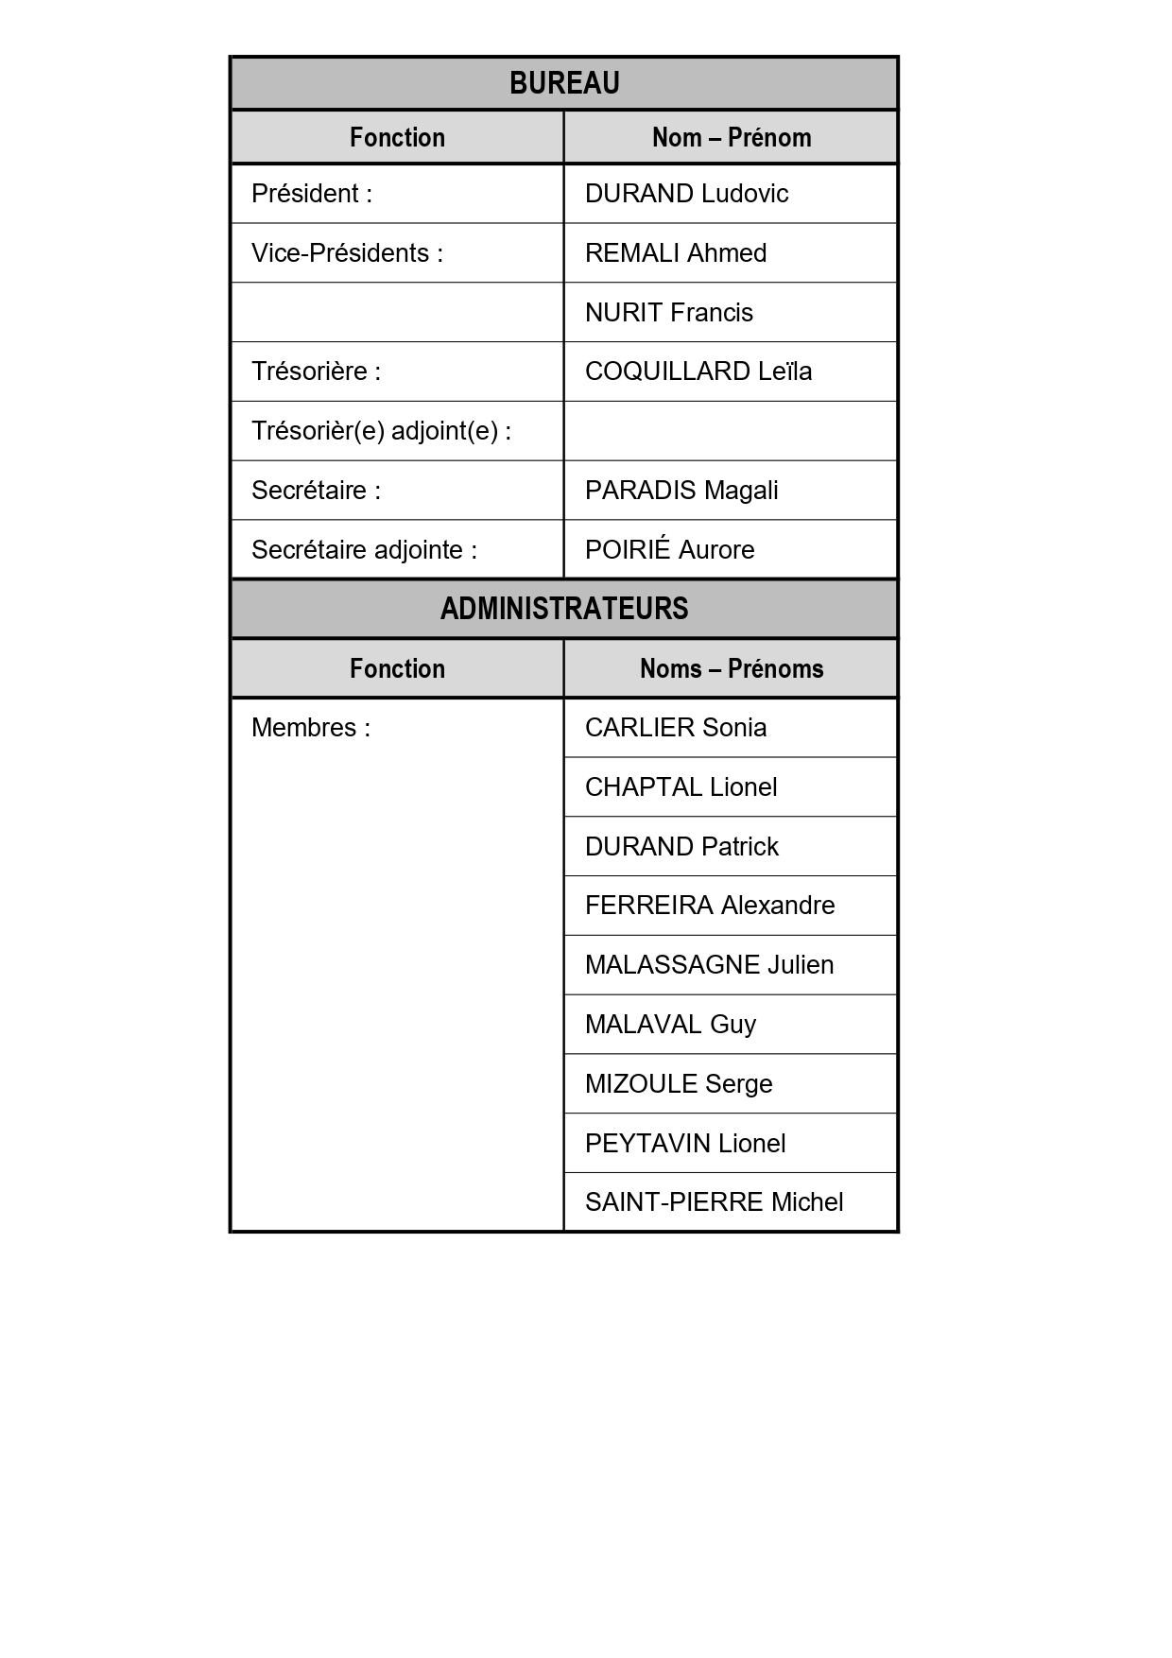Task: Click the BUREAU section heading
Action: click(564, 83)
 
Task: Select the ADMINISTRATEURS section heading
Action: click(564, 609)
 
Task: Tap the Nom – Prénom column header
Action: click(731, 138)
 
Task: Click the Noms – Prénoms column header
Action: click(731, 669)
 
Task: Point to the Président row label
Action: click(312, 194)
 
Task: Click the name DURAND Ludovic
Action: click(686, 194)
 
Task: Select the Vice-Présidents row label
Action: click(347, 253)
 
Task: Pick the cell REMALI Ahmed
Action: click(676, 253)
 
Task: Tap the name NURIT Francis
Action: click(669, 313)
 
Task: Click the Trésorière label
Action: click(316, 371)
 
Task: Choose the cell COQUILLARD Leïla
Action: click(698, 371)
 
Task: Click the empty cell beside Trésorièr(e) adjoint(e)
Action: click(731, 431)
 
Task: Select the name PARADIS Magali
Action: click(681, 491)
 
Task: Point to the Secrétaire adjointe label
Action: click(364, 550)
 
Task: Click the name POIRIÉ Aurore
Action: click(669, 550)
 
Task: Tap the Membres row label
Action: click(311, 728)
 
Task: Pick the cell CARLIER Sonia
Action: click(676, 728)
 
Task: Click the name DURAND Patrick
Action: click(681, 847)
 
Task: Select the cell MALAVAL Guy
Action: click(670, 1025)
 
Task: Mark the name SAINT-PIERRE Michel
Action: click(714, 1202)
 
